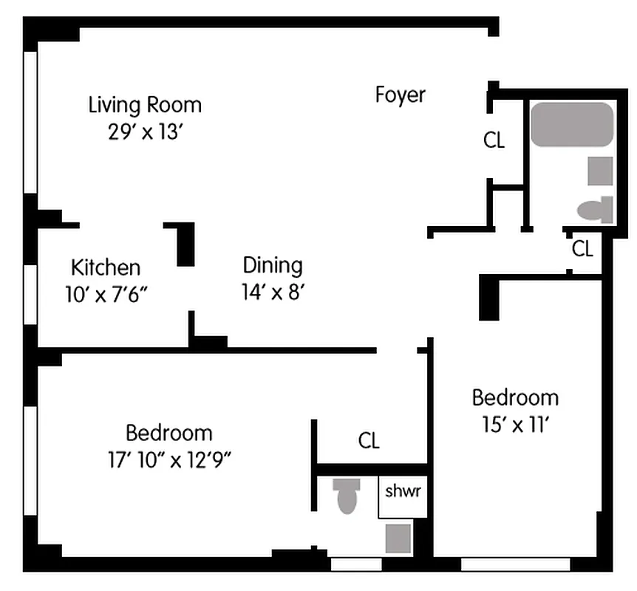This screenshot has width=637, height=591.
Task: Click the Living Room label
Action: [x=145, y=104]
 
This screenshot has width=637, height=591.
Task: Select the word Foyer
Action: [x=401, y=95]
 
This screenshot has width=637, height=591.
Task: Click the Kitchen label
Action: [x=105, y=267]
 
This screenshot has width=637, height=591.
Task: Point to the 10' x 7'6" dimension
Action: [x=106, y=293]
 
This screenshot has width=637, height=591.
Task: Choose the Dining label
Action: [x=273, y=265]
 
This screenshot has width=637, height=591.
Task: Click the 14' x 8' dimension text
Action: [x=273, y=292]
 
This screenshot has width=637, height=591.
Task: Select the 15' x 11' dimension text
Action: [x=515, y=425]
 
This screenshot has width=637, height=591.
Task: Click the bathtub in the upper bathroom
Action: [x=572, y=124]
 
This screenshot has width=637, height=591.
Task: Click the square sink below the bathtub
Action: [x=600, y=171]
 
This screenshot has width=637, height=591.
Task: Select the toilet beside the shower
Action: [x=346, y=495]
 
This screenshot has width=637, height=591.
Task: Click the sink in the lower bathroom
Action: [x=398, y=538]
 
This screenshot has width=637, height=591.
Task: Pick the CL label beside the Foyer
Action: [x=494, y=140]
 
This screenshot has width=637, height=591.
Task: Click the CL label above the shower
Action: [x=369, y=442]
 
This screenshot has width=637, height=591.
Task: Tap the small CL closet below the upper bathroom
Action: [x=582, y=250]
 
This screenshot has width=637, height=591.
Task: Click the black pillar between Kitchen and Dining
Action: [x=184, y=244]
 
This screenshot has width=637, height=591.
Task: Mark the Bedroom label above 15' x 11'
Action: [x=515, y=397]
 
